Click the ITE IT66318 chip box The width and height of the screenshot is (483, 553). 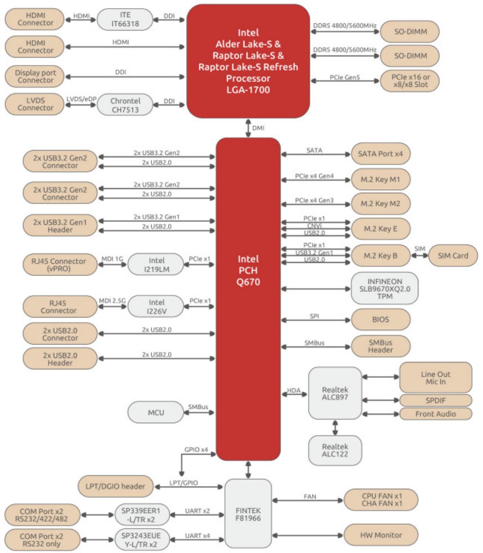point(125,19)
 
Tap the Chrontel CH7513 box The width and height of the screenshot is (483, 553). point(125,105)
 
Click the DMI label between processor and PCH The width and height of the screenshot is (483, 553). point(258,128)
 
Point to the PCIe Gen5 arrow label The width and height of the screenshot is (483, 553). point(344,77)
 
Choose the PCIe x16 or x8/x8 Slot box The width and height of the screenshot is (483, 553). point(410,81)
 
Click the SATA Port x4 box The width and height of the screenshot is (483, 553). point(380,154)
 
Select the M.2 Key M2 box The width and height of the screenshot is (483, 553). point(380,204)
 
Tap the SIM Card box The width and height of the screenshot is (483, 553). point(453,256)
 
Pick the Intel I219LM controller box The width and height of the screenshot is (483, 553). point(156,265)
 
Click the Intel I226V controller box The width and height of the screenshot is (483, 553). point(156,306)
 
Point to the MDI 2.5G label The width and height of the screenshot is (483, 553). point(112,301)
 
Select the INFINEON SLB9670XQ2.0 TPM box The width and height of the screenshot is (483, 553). point(384,288)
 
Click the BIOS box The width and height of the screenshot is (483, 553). point(380,319)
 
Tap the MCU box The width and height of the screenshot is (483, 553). point(156,412)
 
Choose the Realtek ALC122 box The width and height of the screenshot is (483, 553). point(335,450)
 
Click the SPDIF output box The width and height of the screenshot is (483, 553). point(435,400)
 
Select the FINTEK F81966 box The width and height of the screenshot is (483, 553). point(248,514)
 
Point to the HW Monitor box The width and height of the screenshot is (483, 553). point(381,535)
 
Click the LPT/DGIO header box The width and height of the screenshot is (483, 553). point(115,487)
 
